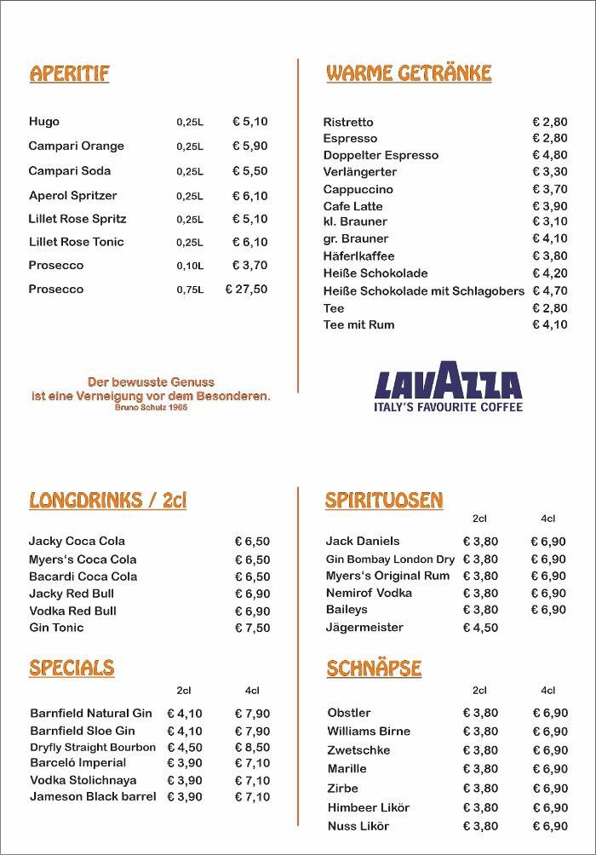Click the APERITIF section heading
pyautogui.click(x=70, y=73)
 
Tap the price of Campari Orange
pyautogui.click(x=249, y=146)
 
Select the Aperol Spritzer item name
pyautogui.click(x=73, y=195)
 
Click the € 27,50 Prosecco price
pyautogui.click(x=246, y=289)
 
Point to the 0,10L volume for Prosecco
pyautogui.click(x=190, y=266)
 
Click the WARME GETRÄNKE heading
pyautogui.click(x=409, y=73)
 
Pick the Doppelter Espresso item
pyautogui.click(x=381, y=155)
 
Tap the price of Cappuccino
pyautogui.click(x=549, y=189)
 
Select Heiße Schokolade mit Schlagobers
pyautogui.click(x=423, y=290)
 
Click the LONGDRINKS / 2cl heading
pyautogui.click(x=107, y=500)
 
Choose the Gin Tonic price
pyautogui.click(x=252, y=628)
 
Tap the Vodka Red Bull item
pyautogui.click(x=72, y=611)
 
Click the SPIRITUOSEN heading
pyautogui.click(x=384, y=500)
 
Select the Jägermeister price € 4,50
pyautogui.click(x=480, y=628)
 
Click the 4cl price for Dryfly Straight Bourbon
pyautogui.click(x=252, y=747)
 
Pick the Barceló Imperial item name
pyautogui.click(x=78, y=763)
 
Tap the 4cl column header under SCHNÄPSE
pyautogui.click(x=547, y=691)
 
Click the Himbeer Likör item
pyautogui.click(x=369, y=807)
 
